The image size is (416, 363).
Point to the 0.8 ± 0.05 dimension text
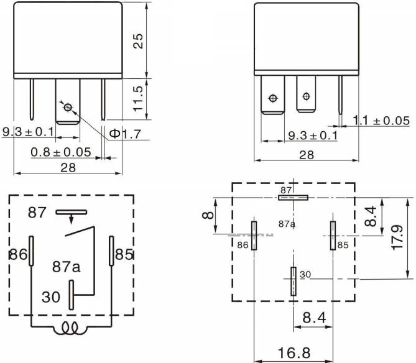(61, 152)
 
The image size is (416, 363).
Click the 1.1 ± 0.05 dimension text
(381, 120)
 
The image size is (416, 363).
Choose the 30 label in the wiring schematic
(52, 297)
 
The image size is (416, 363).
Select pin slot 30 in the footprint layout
(293, 280)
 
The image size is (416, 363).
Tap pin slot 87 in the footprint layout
(293, 198)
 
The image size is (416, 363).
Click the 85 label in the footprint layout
(343, 246)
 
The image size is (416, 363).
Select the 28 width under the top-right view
(307, 155)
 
